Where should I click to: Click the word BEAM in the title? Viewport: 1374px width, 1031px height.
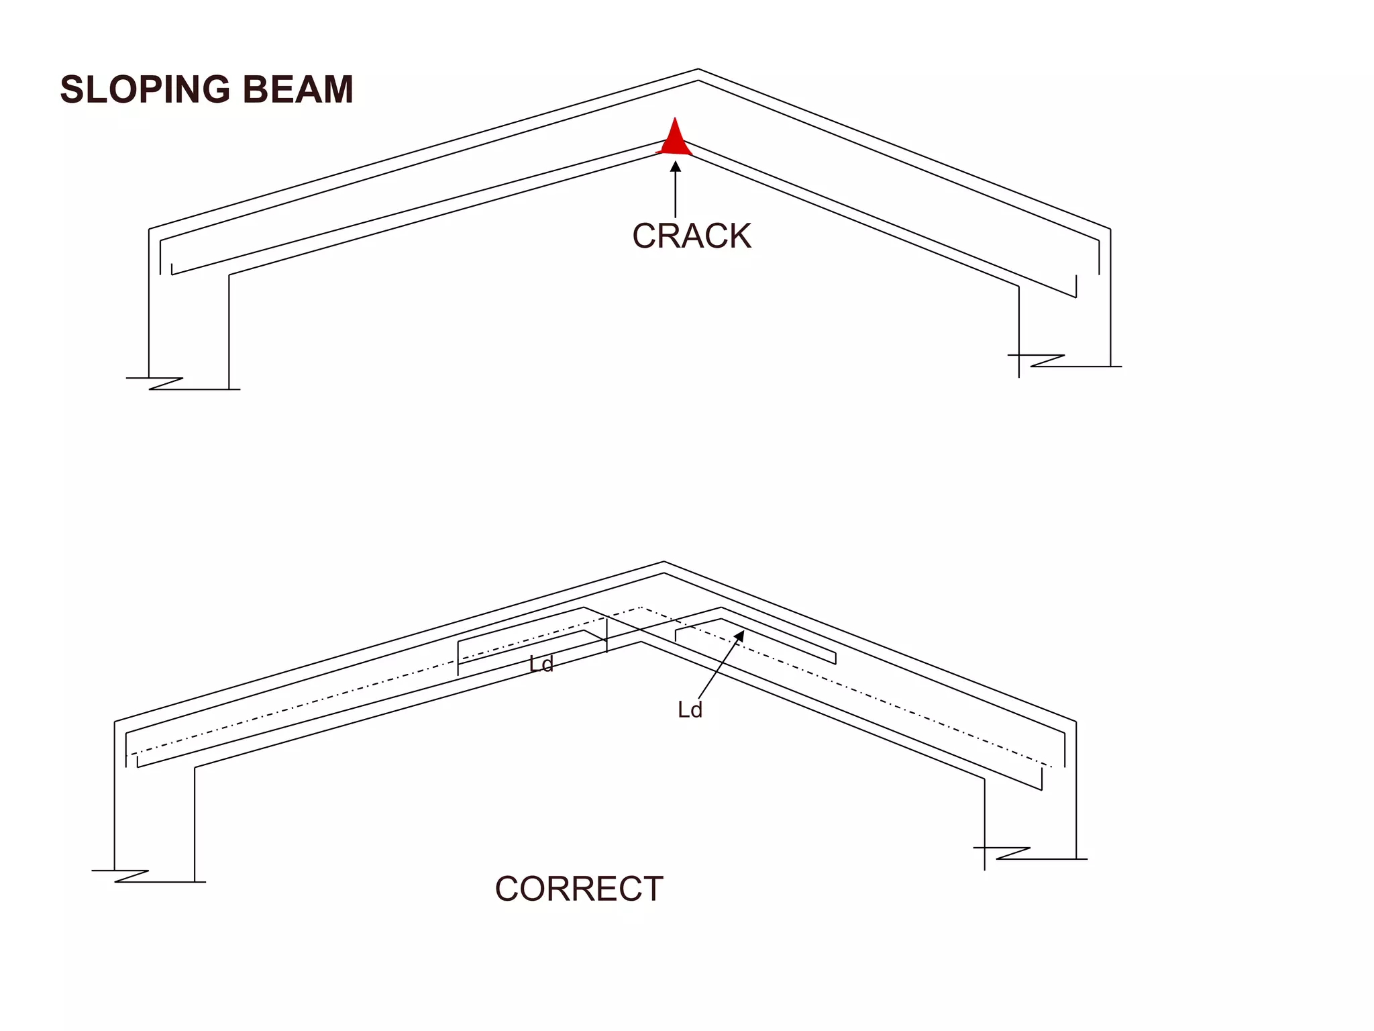pyautogui.click(x=298, y=89)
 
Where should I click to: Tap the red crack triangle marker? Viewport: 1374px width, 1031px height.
pyautogui.click(x=675, y=140)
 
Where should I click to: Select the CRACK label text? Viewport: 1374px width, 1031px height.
pyautogui.click(x=692, y=236)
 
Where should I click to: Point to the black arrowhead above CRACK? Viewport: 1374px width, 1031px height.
pyautogui.click(x=676, y=166)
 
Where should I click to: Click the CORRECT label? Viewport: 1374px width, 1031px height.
pyautogui.click(x=579, y=889)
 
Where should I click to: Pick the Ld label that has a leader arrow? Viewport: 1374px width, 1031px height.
pyautogui.click(x=690, y=710)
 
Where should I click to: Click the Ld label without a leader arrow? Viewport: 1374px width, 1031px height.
pyautogui.click(x=541, y=665)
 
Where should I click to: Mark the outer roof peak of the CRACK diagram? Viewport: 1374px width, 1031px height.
pyautogui.click(x=698, y=69)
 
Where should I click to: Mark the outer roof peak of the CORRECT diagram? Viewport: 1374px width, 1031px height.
pyautogui.click(x=664, y=562)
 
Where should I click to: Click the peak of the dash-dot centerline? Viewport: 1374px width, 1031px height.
pyautogui.click(x=641, y=607)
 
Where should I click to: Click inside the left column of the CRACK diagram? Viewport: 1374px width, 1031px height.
pyautogui.click(x=189, y=322)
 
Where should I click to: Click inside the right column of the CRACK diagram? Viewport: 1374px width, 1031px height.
pyautogui.click(x=1065, y=322)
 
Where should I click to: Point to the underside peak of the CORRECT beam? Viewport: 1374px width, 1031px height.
pyautogui.click(x=641, y=642)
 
